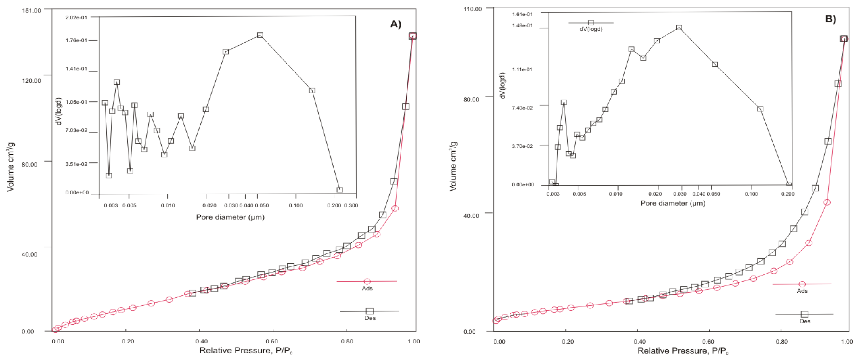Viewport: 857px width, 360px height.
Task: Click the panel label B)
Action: (831, 19)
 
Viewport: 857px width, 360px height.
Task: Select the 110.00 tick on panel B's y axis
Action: (472, 9)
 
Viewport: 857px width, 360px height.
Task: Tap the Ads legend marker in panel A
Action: (367, 281)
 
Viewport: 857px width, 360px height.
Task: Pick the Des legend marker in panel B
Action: (804, 314)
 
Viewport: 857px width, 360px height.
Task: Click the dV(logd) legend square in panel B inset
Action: (591, 23)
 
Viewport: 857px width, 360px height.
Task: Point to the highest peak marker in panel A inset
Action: (260, 35)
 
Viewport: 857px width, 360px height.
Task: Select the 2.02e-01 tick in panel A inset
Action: (76, 17)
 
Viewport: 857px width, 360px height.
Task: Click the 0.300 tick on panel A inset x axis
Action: (351, 205)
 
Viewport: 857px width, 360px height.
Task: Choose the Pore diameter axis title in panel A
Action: (230, 217)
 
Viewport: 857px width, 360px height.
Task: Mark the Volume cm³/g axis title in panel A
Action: (11, 166)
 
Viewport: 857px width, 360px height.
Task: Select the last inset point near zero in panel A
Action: (340, 190)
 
